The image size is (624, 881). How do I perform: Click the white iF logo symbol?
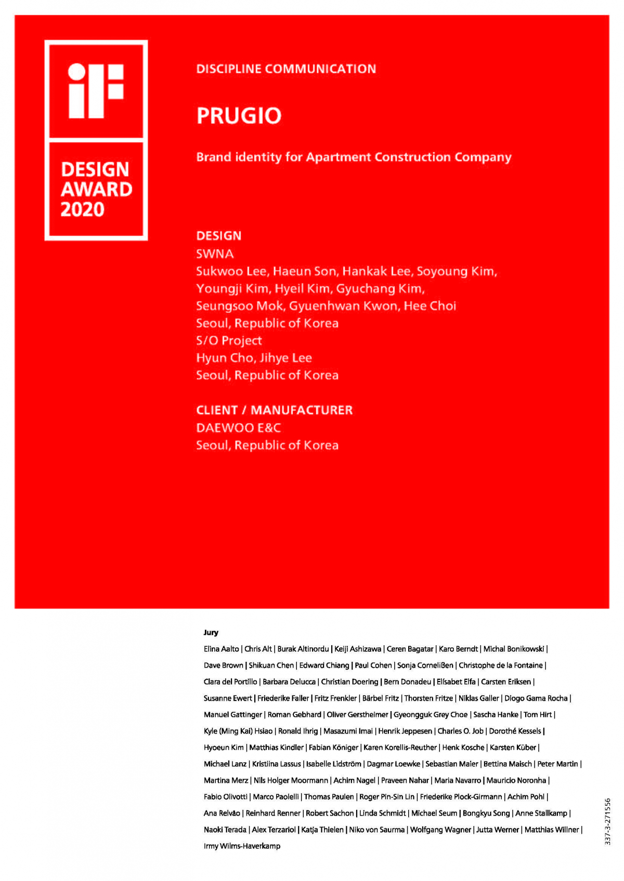click(x=96, y=90)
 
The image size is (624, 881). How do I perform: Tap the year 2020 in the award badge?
click(x=82, y=209)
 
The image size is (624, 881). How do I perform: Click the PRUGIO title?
click(x=239, y=115)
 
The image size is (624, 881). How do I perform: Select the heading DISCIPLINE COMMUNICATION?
click(x=286, y=69)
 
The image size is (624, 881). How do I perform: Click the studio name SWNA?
click(x=215, y=253)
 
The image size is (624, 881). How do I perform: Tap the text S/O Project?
click(x=229, y=340)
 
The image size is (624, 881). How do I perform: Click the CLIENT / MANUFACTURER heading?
click(x=274, y=410)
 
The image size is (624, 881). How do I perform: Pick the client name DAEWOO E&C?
click(x=238, y=428)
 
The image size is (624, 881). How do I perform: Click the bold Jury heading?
click(x=211, y=632)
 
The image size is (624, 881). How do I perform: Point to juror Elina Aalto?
click(x=221, y=649)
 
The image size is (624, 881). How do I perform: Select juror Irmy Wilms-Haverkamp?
click(x=242, y=846)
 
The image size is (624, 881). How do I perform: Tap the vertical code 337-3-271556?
click(x=607, y=821)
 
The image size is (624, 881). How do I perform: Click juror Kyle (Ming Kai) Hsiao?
click(x=238, y=731)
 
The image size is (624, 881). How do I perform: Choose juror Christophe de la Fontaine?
click(x=500, y=665)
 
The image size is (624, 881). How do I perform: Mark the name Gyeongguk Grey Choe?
click(x=430, y=714)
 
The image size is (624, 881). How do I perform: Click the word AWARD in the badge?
click(x=96, y=189)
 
